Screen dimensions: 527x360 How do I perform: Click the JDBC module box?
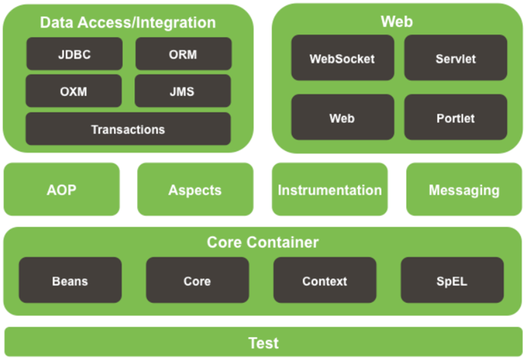point(74,54)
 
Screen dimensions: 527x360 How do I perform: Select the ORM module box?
point(184,54)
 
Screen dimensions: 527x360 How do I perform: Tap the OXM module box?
point(73,91)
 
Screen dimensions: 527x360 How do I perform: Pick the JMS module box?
point(183,91)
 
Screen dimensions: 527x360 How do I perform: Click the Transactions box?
point(128,129)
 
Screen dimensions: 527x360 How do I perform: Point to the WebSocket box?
point(343,57)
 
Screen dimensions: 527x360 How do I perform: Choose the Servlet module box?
point(456,57)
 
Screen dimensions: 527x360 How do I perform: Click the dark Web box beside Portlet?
point(343,117)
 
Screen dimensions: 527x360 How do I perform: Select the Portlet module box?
point(456,117)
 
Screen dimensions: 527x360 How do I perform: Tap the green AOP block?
point(61,189)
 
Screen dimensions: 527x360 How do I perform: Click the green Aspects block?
point(195,189)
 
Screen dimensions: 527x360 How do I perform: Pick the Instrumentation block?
point(329,189)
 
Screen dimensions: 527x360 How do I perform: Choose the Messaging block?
point(464,189)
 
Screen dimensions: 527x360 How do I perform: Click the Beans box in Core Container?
point(70,280)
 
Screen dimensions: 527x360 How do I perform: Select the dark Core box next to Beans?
point(198,280)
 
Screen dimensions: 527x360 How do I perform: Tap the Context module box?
point(324,280)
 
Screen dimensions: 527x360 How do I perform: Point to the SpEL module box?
point(452,280)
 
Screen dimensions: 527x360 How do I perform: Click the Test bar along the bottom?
point(264,342)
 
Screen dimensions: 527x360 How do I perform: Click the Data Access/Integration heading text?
point(127,23)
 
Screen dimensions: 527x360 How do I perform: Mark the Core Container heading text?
point(263,242)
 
